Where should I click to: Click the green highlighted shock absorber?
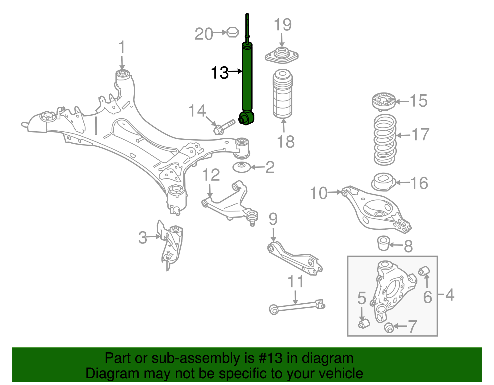247,80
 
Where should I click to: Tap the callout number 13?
220,73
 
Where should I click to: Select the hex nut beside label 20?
232,32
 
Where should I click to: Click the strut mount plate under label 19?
281,56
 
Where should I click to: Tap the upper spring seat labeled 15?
383,102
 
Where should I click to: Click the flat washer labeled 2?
241,167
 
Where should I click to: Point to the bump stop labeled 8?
384,243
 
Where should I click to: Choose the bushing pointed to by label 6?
424,271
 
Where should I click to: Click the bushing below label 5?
364,323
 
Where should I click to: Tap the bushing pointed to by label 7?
389,327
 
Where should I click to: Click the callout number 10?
318,193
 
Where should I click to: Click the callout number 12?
211,175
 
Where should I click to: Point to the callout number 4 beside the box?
450,295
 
